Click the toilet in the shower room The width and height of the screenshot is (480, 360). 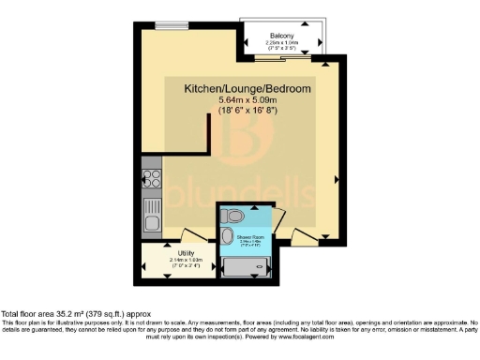pos(233,217)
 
